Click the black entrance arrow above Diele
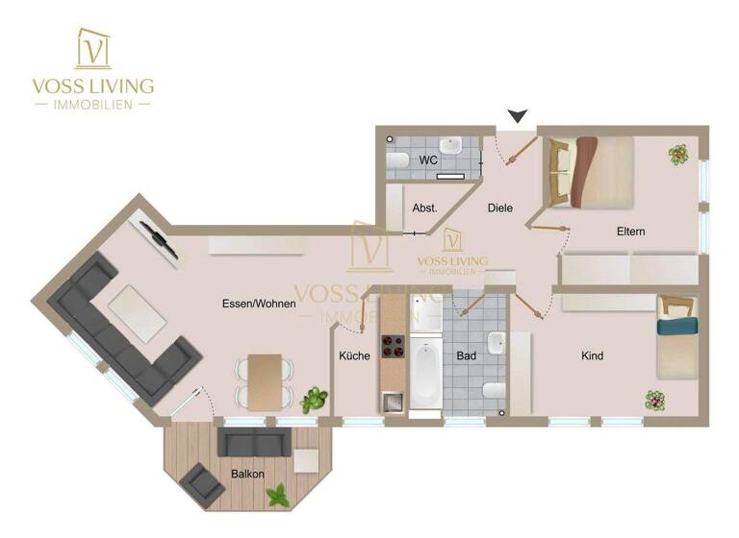518,116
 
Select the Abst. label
424,208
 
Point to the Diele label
500,208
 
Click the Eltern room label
631,232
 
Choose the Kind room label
593,356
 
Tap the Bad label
467,356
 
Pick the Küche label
354,356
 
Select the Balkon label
246,474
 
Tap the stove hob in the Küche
393,346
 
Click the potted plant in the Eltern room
678,153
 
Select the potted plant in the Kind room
655,398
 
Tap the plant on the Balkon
279,496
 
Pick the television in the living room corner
159,239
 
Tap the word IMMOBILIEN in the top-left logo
92,103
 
